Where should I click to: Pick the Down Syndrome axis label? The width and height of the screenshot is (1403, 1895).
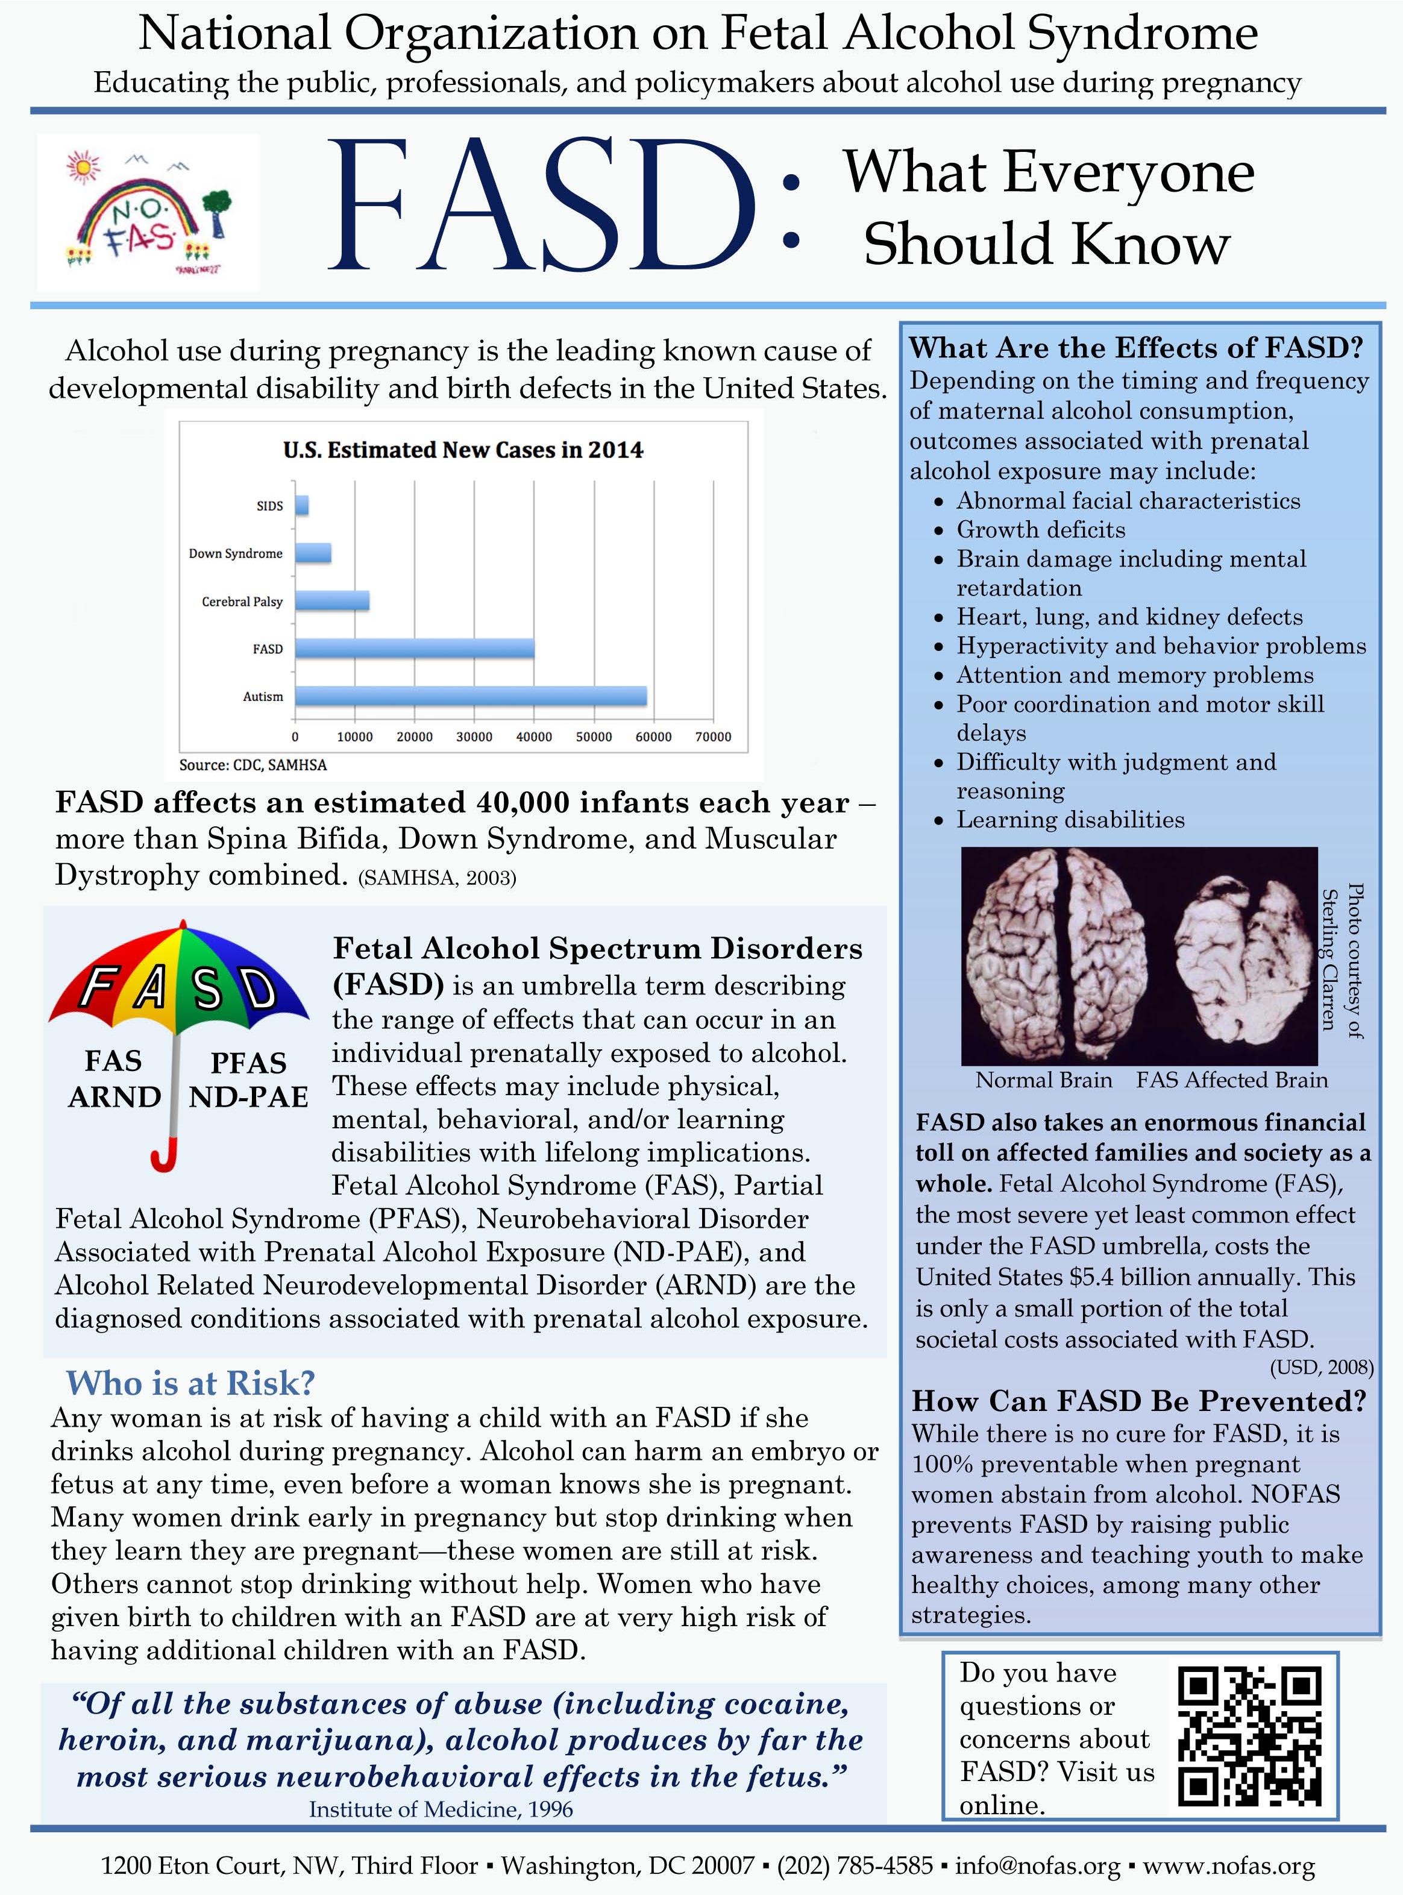[x=235, y=554]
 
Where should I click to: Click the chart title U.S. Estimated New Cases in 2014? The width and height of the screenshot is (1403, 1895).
[x=463, y=450]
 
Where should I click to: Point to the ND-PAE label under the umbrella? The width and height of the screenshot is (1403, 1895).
[x=248, y=1098]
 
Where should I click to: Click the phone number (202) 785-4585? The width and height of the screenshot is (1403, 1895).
[x=855, y=1866]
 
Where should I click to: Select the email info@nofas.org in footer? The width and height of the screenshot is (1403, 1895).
[x=1037, y=1866]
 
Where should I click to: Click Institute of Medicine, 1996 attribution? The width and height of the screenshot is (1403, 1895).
[x=441, y=1810]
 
